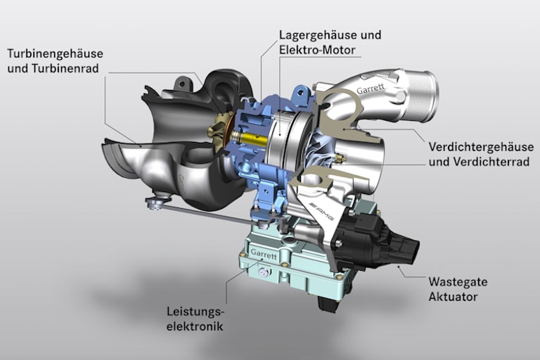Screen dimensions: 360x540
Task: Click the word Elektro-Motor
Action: click(318, 50)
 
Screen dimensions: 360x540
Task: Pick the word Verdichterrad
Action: click(489, 162)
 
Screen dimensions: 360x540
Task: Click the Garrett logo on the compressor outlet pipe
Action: click(371, 91)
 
